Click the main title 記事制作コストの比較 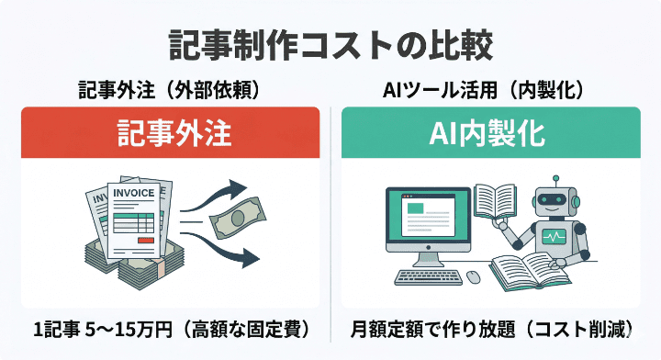(330, 43)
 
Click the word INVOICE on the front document (134, 194)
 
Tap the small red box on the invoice (145, 241)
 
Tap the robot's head (555, 201)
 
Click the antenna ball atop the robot (555, 180)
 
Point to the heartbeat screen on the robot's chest (555, 237)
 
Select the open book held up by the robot (496, 201)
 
